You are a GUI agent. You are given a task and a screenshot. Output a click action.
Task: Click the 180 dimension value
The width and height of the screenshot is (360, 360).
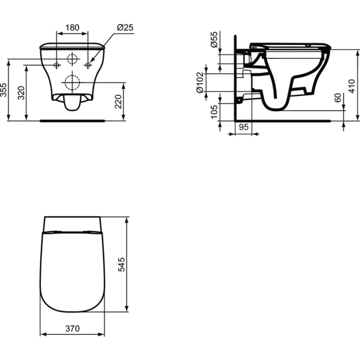tap(72, 27)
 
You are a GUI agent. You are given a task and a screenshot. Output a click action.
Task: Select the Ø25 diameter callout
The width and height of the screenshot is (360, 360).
tap(125, 27)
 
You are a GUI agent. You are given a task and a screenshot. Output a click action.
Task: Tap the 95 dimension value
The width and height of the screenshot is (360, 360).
tap(244, 127)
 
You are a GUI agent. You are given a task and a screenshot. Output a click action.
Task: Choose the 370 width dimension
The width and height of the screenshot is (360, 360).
tap(72, 329)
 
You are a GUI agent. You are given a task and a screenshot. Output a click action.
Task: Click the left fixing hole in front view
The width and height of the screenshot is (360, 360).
tap(56, 64)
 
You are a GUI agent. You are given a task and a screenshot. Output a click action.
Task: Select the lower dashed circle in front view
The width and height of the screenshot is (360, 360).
tap(72, 82)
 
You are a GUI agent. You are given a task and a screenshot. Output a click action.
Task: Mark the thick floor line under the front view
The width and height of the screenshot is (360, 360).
tap(72, 120)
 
